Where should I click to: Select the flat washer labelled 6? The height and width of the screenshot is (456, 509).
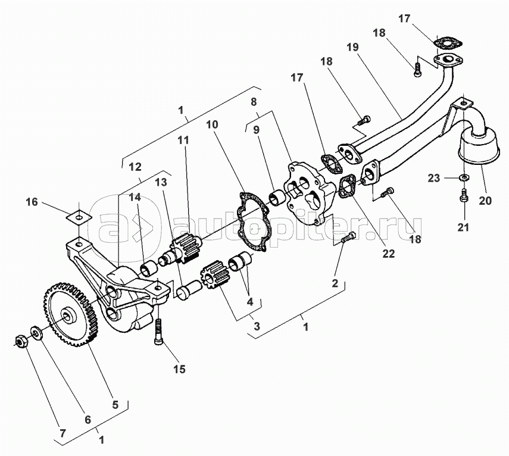tap(36, 333)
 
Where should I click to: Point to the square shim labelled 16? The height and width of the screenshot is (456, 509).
tap(79, 216)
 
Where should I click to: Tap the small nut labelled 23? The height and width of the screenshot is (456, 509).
tap(464, 177)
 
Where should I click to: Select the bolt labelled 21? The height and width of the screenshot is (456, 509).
tap(464, 195)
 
